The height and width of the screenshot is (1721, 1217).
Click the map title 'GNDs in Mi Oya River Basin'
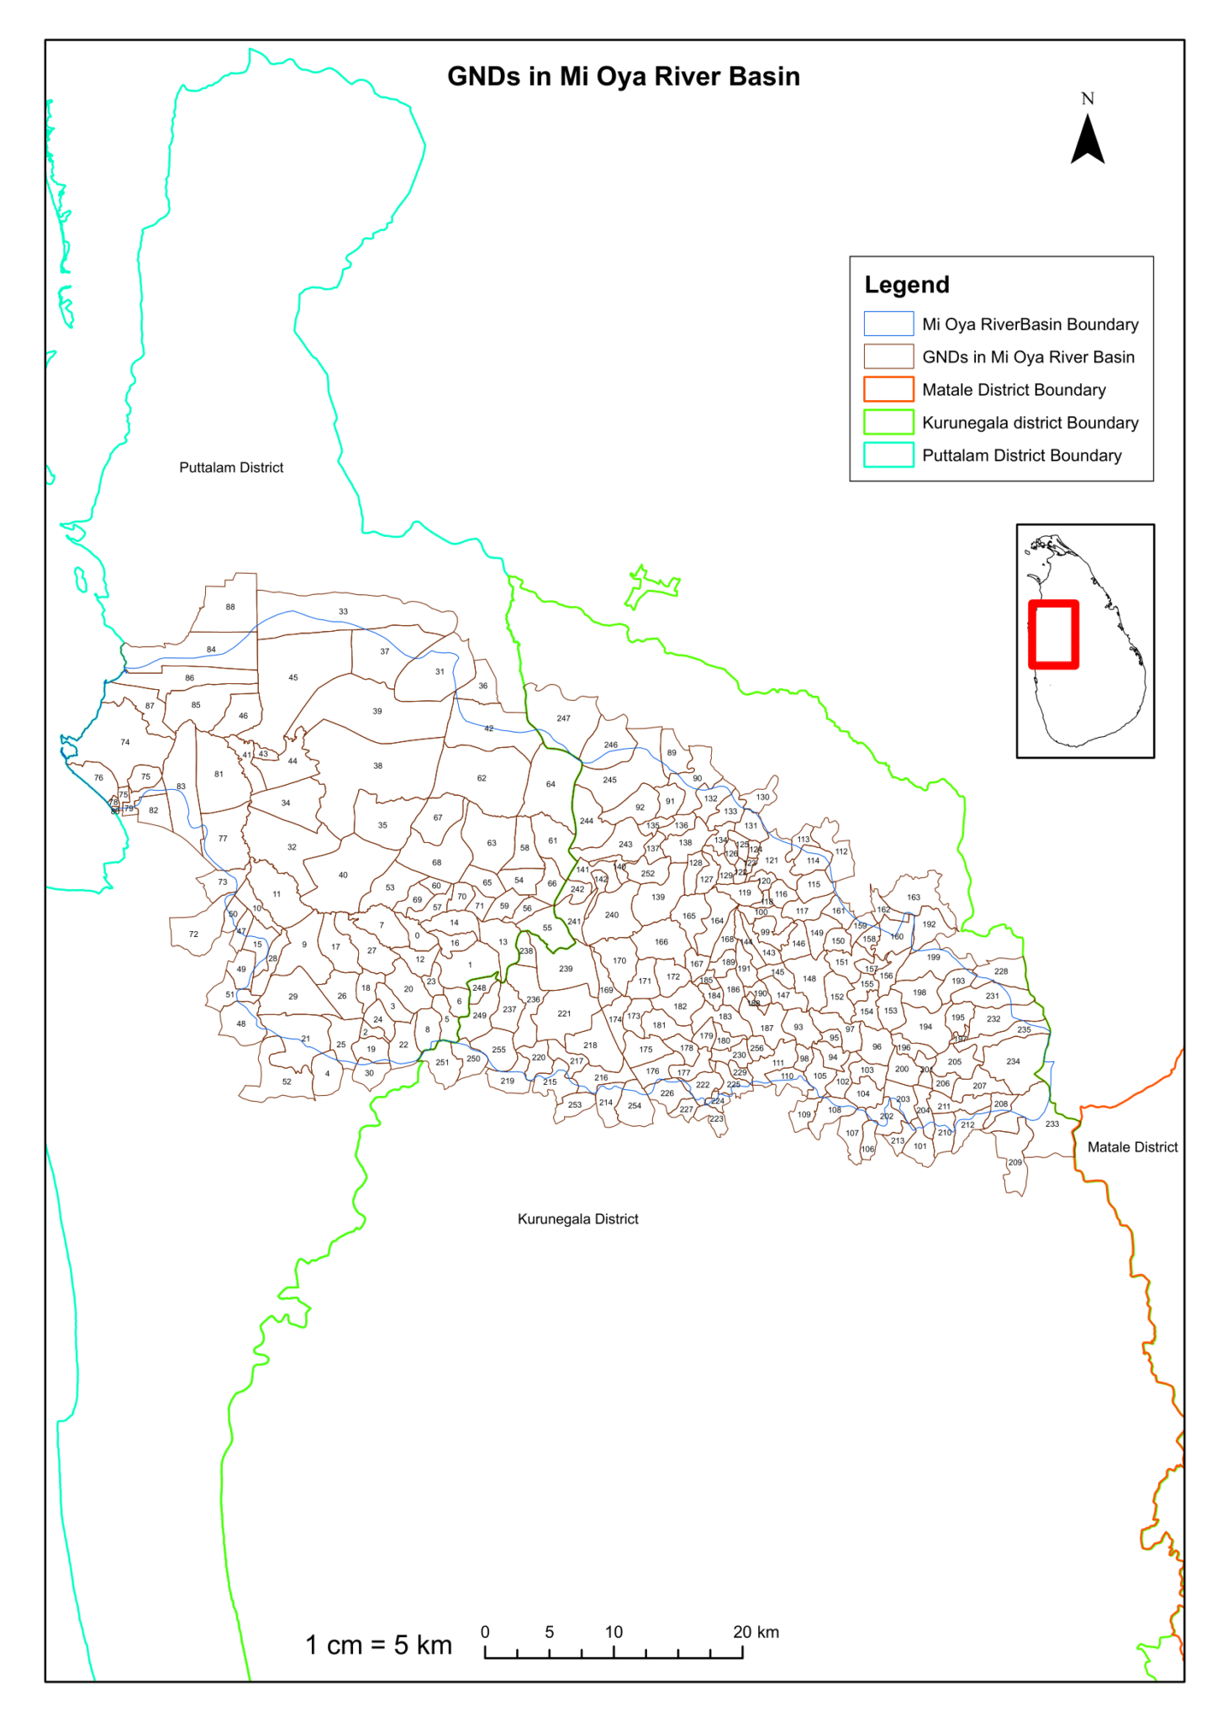point(623,76)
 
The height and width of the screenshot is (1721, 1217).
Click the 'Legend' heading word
point(907,285)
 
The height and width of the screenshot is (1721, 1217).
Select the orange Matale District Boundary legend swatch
point(888,390)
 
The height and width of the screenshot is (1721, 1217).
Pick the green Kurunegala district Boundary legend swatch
point(888,423)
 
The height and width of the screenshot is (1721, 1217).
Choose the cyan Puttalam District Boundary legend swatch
point(888,455)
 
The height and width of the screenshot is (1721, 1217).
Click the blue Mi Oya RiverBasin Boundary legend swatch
point(888,324)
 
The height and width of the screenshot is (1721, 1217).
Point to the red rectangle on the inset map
point(1053,634)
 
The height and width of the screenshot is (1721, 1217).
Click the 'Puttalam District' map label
point(231,468)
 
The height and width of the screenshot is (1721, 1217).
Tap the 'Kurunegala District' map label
point(577,1219)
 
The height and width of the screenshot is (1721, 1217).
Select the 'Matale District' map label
point(1132,1147)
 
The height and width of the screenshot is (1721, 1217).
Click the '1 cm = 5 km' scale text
point(378,1645)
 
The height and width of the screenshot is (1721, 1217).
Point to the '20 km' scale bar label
point(756,1632)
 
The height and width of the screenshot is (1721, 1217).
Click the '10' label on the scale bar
point(614,1632)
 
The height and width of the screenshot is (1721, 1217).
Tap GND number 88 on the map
point(230,607)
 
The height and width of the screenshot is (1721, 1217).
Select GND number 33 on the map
point(343,612)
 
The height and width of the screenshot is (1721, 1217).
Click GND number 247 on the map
point(563,718)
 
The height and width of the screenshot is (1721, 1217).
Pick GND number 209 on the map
point(1015,1162)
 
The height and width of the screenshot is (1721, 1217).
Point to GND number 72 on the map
point(193,934)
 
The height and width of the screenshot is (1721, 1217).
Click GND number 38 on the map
point(377,766)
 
